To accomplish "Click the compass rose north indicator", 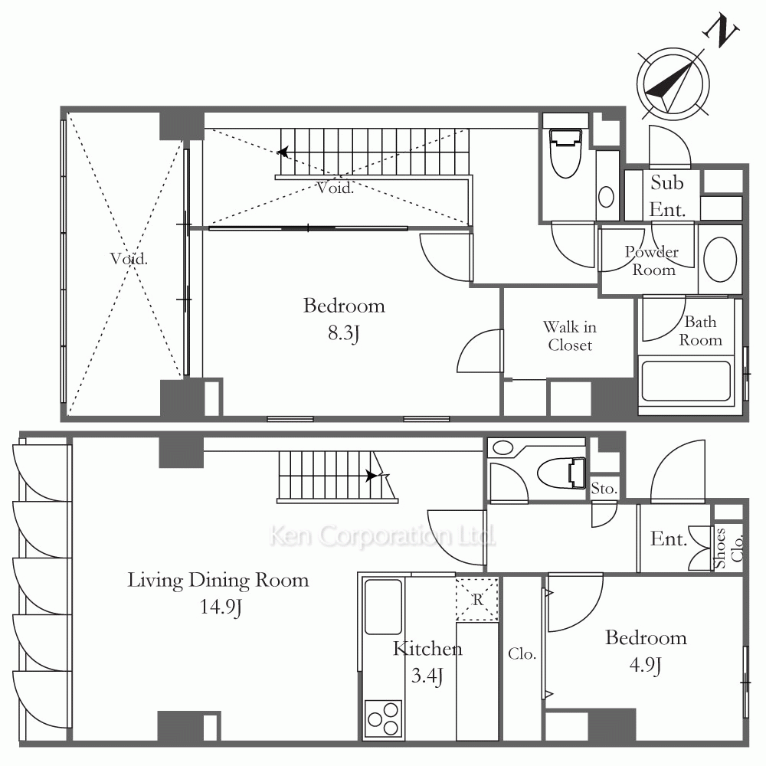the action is pyautogui.click(x=673, y=84).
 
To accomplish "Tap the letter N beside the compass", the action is pyautogui.click(x=721, y=31).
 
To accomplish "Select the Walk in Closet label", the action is pyautogui.click(x=570, y=336).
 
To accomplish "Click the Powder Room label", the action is pyautogui.click(x=652, y=260).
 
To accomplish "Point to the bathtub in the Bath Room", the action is pyautogui.click(x=686, y=381).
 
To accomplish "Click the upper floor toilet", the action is pyautogui.click(x=566, y=153).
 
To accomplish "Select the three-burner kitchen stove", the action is pyautogui.click(x=383, y=719).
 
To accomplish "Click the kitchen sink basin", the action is pyautogui.click(x=384, y=607).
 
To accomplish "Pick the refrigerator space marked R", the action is pyautogui.click(x=477, y=599).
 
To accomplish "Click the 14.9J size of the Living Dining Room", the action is pyautogui.click(x=221, y=607).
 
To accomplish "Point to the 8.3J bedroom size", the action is pyautogui.click(x=344, y=333).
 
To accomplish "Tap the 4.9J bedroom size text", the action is pyautogui.click(x=645, y=666).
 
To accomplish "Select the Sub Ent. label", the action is pyautogui.click(x=667, y=196).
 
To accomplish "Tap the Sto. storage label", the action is pyautogui.click(x=604, y=488).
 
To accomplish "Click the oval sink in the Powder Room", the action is pyautogui.click(x=719, y=260).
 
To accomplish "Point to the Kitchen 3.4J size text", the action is pyautogui.click(x=427, y=676).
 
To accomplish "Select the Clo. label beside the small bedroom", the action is pyautogui.click(x=522, y=653).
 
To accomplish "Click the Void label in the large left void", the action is pyautogui.click(x=129, y=258).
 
